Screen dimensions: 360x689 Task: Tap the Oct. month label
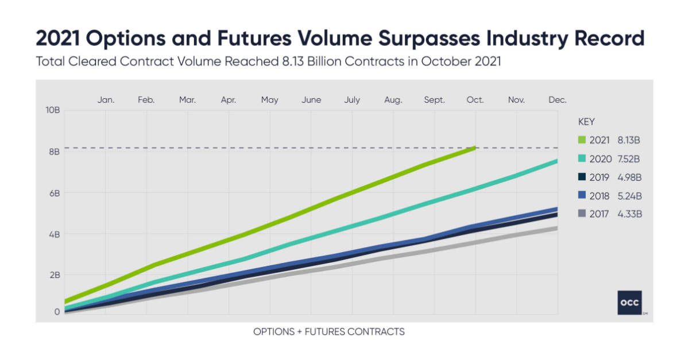coord(475,100)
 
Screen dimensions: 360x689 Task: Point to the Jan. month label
coord(106,100)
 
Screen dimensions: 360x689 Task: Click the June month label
coord(311,100)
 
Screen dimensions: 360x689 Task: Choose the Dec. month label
coord(557,100)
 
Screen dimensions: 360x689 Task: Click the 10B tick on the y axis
coord(53,110)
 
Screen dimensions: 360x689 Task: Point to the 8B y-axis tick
coord(54,152)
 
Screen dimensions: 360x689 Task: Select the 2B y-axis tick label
coord(54,275)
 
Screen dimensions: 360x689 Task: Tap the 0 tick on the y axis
coord(57,312)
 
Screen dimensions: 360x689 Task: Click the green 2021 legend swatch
coord(582,140)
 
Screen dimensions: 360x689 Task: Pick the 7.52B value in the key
coord(628,158)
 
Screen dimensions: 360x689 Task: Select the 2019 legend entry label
coord(599,177)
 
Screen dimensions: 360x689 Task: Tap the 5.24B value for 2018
coord(628,196)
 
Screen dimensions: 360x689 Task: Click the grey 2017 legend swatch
coord(582,214)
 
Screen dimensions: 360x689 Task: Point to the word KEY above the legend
coord(586,122)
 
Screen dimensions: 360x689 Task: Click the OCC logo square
coord(630,303)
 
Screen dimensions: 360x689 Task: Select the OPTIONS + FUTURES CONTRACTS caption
coord(328,332)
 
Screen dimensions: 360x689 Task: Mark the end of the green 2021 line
coord(474,148)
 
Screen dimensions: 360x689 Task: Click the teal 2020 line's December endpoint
coord(556,161)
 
